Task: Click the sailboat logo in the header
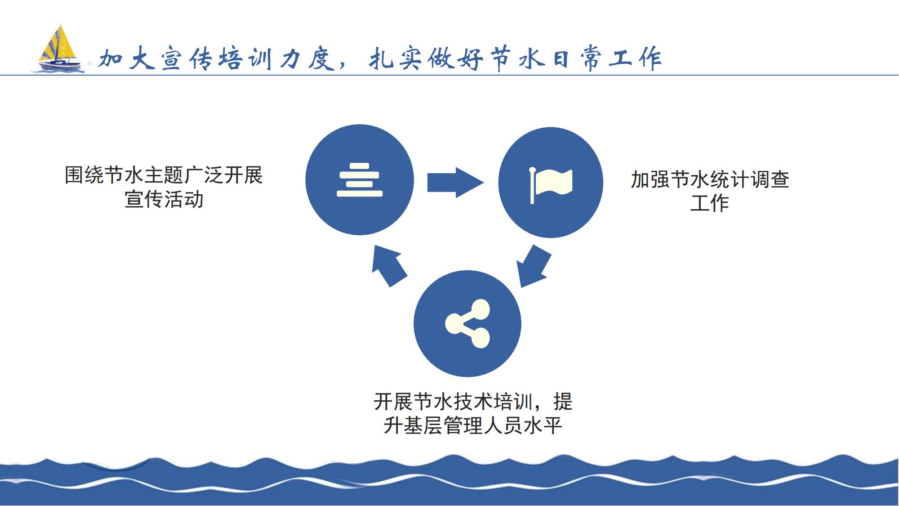[x=57, y=48]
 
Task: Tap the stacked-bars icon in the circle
[x=360, y=180]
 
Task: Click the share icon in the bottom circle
[x=467, y=324]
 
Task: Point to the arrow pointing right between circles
[x=455, y=182]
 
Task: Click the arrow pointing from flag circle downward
[x=534, y=266]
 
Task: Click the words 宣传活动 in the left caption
[x=164, y=199]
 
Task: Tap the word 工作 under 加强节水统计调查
[x=710, y=203]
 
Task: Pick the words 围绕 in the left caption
[x=85, y=175]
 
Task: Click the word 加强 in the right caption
[x=650, y=179]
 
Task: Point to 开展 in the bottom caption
[x=393, y=402]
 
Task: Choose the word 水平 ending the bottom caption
[x=543, y=425]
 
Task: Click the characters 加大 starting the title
[x=127, y=58]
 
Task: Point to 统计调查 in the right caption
[x=749, y=179]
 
